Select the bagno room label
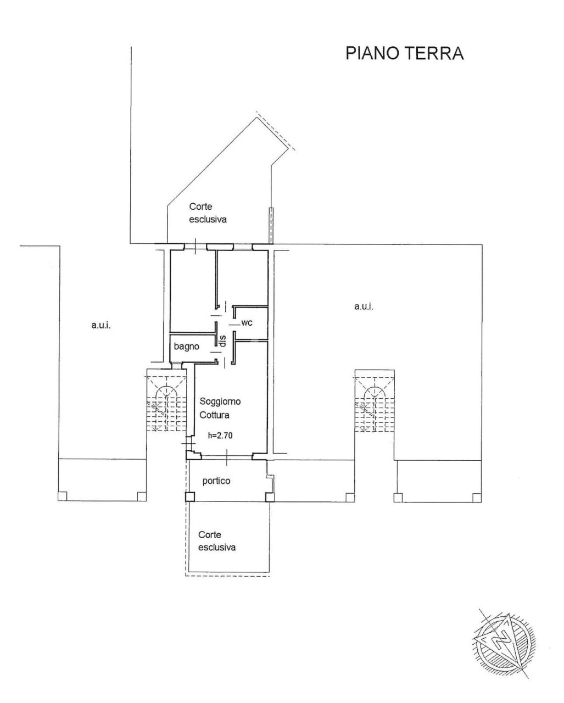coord(186,347)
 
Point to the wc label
coord(247,323)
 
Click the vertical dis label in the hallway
coord(223,341)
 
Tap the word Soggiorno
coord(220,401)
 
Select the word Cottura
coord(214,415)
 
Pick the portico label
coord(216,481)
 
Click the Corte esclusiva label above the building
coord(208,213)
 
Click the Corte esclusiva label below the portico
coord(217,540)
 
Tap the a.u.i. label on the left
coord(101,325)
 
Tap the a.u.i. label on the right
coord(364,306)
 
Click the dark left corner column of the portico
coord(189,497)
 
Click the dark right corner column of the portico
coord(269,497)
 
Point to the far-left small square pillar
coord(62,496)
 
